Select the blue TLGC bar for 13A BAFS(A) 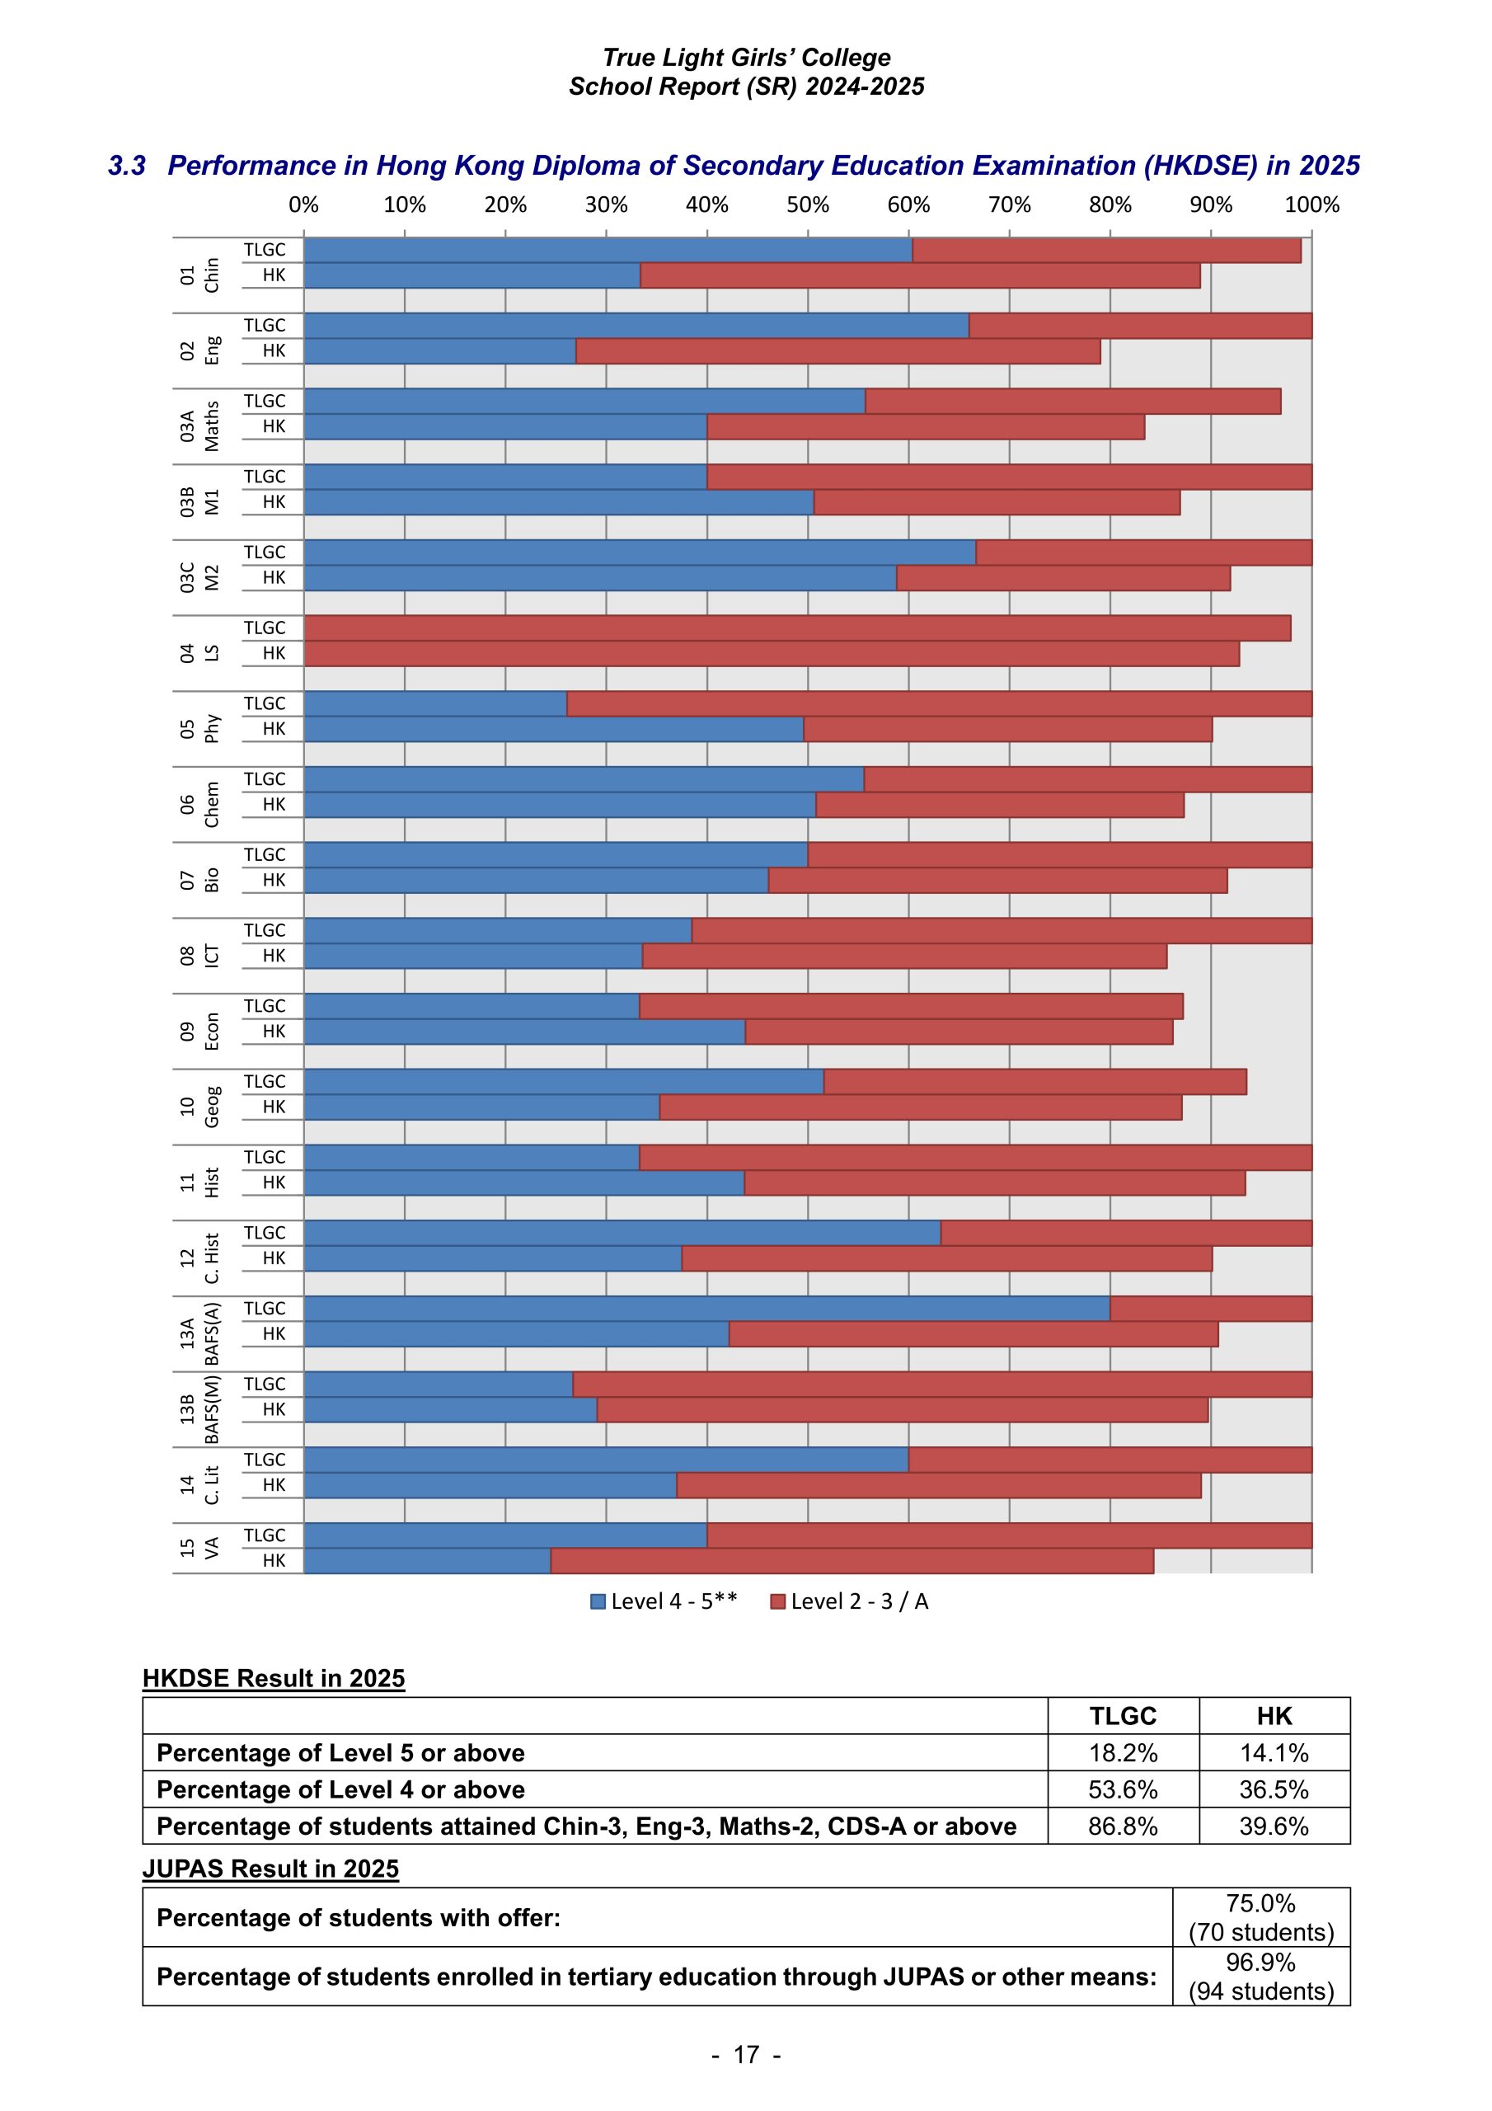(x=706, y=1309)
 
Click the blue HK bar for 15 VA (x=426, y=1560)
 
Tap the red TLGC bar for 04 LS (x=796, y=628)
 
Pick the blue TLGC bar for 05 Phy (x=434, y=703)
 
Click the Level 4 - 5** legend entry (x=664, y=1601)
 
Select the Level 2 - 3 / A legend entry (x=849, y=1601)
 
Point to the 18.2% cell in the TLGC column (x=1123, y=1752)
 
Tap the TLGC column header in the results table (x=1123, y=1716)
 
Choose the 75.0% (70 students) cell (x=1260, y=1917)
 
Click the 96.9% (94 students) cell (x=1260, y=1976)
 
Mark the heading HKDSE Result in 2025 (x=273, y=1678)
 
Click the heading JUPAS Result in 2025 (x=270, y=1869)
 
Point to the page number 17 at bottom (x=745, y=2055)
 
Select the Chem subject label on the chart (x=212, y=805)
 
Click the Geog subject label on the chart (x=212, y=1106)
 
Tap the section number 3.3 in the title (x=127, y=166)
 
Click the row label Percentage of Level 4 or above (x=340, y=1789)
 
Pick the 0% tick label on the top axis (x=303, y=205)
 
